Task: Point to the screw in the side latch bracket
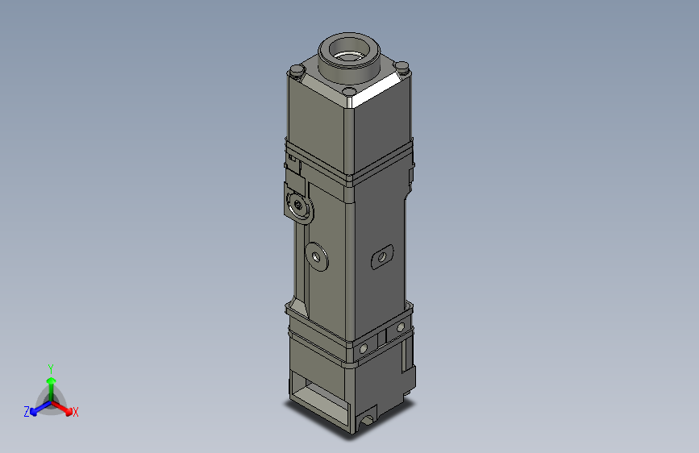tap(299, 206)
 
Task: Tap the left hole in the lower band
tap(364, 347)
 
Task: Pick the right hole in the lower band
tap(398, 329)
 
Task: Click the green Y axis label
tap(50, 367)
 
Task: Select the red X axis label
tap(76, 413)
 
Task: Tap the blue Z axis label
tap(27, 412)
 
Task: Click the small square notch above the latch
tap(293, 166)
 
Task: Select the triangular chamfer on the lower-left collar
tap(299, 307)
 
